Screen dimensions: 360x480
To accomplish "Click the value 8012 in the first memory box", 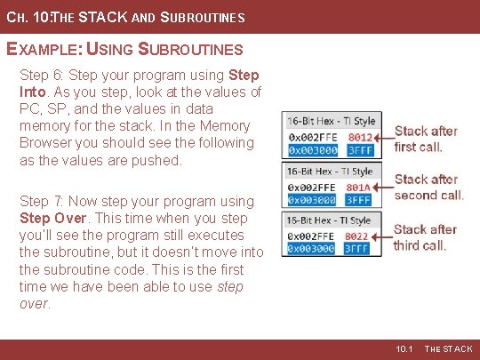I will tap(360, 138).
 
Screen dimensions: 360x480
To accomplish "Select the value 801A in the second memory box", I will tap(360, 188).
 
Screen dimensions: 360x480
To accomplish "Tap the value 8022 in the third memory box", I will tap(360, 236).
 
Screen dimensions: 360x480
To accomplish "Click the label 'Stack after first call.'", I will tap(426, 139).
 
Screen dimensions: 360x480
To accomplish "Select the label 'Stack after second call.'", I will tap(428, 188).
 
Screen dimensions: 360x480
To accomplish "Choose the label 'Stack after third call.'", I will tap(425, 236).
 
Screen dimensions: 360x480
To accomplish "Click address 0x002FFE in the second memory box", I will tap(311, 188).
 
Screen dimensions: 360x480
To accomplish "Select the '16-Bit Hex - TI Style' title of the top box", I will tap(331, 121).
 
